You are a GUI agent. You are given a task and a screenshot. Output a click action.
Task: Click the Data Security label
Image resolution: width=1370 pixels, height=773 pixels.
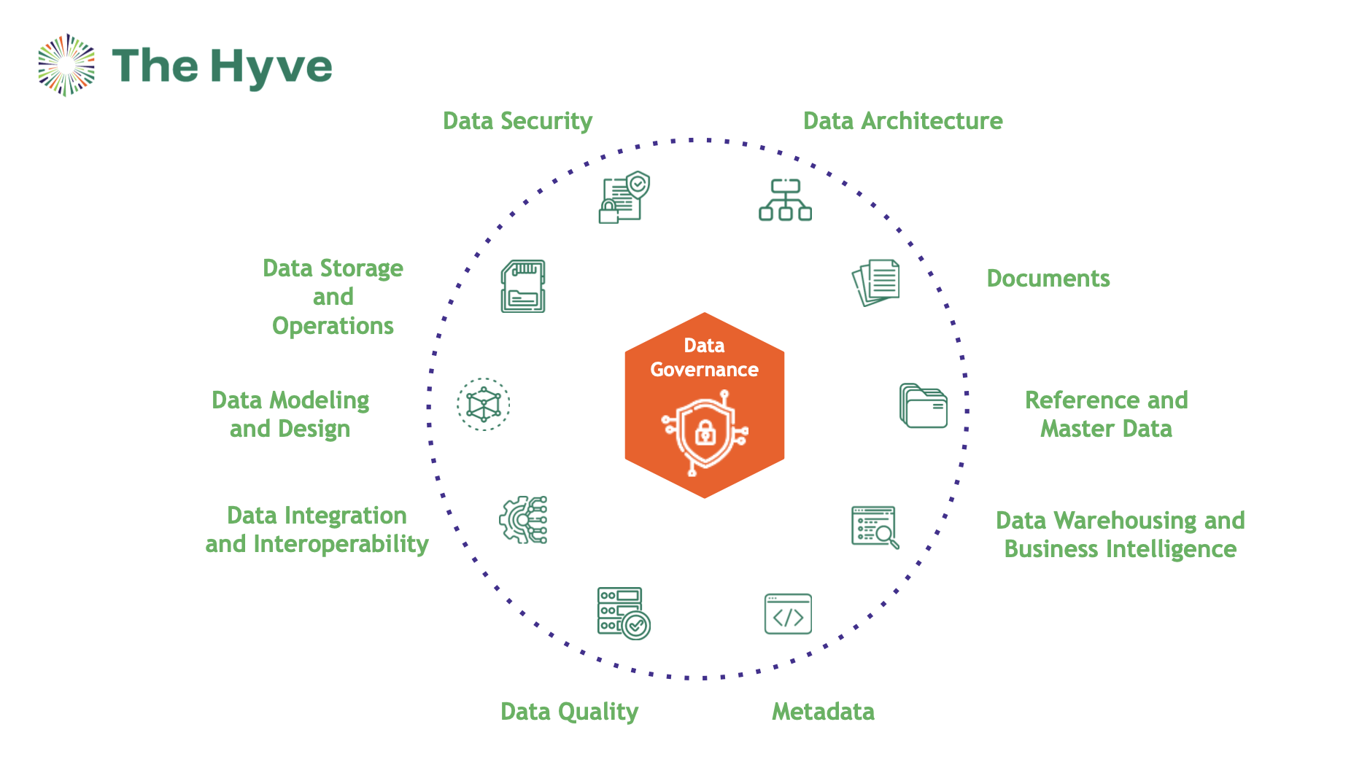point(517,121)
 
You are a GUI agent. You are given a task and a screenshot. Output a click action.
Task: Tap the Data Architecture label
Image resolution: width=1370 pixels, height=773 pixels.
point(902,121)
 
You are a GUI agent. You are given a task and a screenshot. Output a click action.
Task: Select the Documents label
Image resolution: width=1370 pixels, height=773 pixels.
point(1048,279)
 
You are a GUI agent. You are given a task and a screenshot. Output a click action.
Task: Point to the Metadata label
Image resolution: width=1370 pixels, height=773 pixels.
point(823,712)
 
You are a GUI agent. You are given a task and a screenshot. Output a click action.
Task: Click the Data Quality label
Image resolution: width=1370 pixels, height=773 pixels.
point(569,712)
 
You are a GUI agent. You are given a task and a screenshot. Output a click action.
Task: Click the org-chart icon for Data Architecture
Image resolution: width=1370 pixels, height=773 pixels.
point(785,200)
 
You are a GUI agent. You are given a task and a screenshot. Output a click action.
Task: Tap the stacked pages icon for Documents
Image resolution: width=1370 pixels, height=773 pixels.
point(876,282)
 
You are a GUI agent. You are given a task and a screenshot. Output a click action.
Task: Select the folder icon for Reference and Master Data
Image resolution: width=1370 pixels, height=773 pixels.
point(923,405)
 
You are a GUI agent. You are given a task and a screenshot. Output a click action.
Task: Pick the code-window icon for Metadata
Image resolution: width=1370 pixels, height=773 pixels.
point(788,614)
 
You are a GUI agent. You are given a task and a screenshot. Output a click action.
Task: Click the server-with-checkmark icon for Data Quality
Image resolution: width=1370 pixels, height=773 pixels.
point(623,613)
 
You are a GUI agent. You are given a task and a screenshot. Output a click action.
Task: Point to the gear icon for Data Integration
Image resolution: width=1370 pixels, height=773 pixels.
point(523,520)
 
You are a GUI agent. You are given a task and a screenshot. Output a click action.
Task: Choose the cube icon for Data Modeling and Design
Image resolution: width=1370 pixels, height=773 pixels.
point(484,404)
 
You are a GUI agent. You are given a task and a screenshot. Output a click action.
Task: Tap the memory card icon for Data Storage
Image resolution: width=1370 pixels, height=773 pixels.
point(523,286)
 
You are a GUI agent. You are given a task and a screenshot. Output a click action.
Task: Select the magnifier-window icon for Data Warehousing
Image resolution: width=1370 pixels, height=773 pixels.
point(875,527)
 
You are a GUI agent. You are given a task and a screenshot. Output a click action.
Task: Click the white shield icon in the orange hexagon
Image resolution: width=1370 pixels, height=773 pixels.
point(705,433)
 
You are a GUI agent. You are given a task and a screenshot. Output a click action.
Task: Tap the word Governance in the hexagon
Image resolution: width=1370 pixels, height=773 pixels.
point(704,370)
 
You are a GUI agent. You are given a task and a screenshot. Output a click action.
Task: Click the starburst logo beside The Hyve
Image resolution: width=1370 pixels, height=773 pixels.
point(66,65)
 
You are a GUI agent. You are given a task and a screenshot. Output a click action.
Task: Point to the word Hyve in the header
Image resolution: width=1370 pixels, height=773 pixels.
point(271,67)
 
